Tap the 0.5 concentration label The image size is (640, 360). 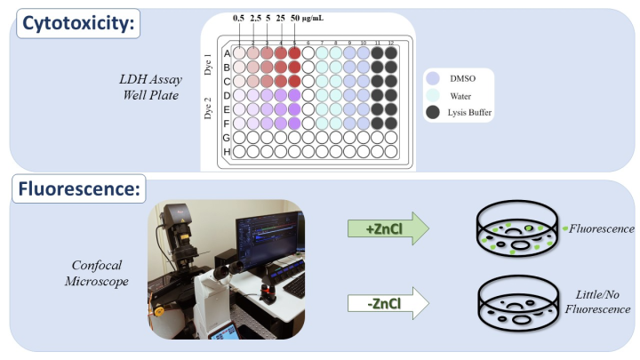pyautogui.click(x=238, y=19)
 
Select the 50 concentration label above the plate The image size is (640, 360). pyautogui.click(x=295, y=19)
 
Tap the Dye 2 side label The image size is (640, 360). pyautogui.click(x=208, y=108)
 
